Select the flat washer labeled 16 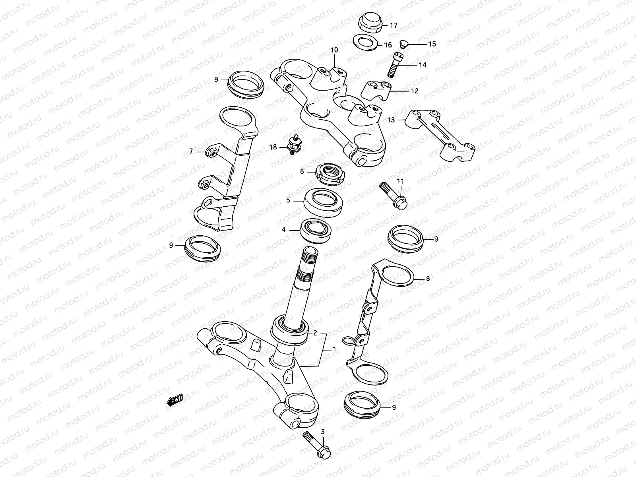click(365, 43)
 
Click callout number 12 click(415, 91)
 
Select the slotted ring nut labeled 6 click(331, 175)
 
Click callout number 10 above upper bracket click(334, 50)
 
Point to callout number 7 click(191, 151)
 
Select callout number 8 click(428, 279)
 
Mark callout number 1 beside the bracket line click(334, 349)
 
